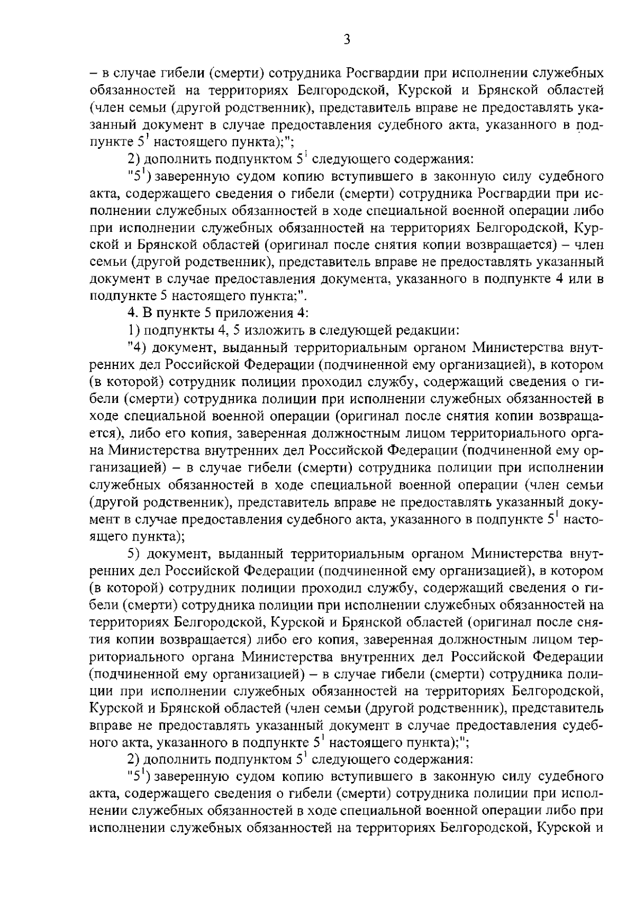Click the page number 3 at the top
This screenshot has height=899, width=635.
tap(347, 40)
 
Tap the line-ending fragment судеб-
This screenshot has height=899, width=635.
tap(584, 726)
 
